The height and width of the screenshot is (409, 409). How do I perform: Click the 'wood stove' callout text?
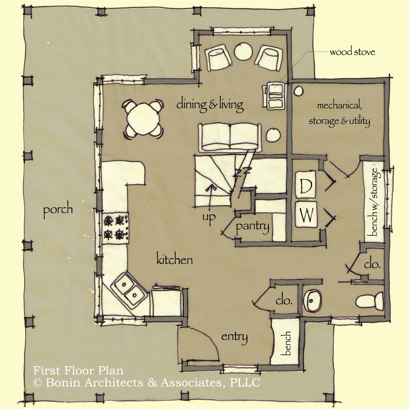(352, 52)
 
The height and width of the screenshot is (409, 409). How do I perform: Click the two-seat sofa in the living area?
(230, 137)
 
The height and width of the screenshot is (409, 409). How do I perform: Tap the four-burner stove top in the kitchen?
(116, 227)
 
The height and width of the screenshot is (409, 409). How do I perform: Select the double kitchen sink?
(129, 290)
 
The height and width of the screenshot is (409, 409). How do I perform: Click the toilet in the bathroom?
(369, 301)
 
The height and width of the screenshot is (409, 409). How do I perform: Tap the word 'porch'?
(58, 210)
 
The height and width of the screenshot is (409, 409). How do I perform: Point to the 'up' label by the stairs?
(209, 217)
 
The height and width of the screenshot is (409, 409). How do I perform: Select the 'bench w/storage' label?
(373, 202)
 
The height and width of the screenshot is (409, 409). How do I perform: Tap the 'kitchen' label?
(174, 260)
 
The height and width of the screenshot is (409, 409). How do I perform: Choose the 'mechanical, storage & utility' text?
(339, 113)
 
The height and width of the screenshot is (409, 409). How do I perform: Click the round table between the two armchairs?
(243, 52)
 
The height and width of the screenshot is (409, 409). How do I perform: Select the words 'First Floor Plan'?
(78, 370)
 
